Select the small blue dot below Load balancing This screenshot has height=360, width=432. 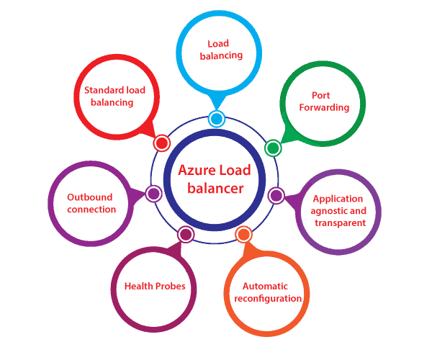(x=216, y=119)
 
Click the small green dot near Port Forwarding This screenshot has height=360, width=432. (x=272, y=148)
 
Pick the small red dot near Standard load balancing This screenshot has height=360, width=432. (x=162, y=143)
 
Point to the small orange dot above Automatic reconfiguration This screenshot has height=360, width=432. (x=243, y=234)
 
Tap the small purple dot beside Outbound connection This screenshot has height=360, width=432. (x=153, y=193)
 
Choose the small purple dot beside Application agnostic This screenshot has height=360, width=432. (x=276, y=195)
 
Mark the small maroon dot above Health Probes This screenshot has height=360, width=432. (x=186, y=234)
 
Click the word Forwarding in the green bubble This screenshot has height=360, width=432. (x=321, y=107)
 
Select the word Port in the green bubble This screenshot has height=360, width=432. (x=321, y=95)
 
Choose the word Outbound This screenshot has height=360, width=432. (x=91, y=197)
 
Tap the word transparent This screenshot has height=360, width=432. (x=338, y=222)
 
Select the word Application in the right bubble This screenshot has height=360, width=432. (x=338, y=199)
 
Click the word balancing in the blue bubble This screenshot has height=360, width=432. (x=220, y=55)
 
